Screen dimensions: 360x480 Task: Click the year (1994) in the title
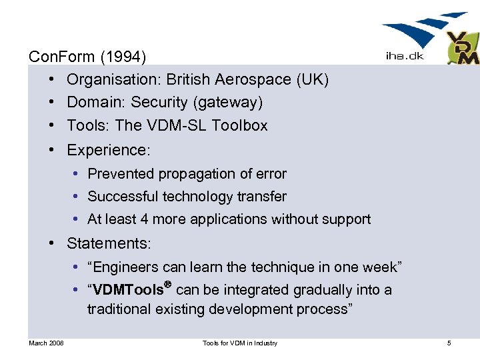click(125, 56)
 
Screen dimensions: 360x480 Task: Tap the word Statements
click(109, 243)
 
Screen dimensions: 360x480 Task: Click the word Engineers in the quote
click(127, 267)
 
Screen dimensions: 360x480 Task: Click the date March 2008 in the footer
click(46, 343)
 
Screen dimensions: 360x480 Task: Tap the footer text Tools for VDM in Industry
click(240, 343)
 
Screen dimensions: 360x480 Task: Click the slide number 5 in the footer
click(449, 343)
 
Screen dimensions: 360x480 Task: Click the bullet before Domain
click(51, 102)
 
